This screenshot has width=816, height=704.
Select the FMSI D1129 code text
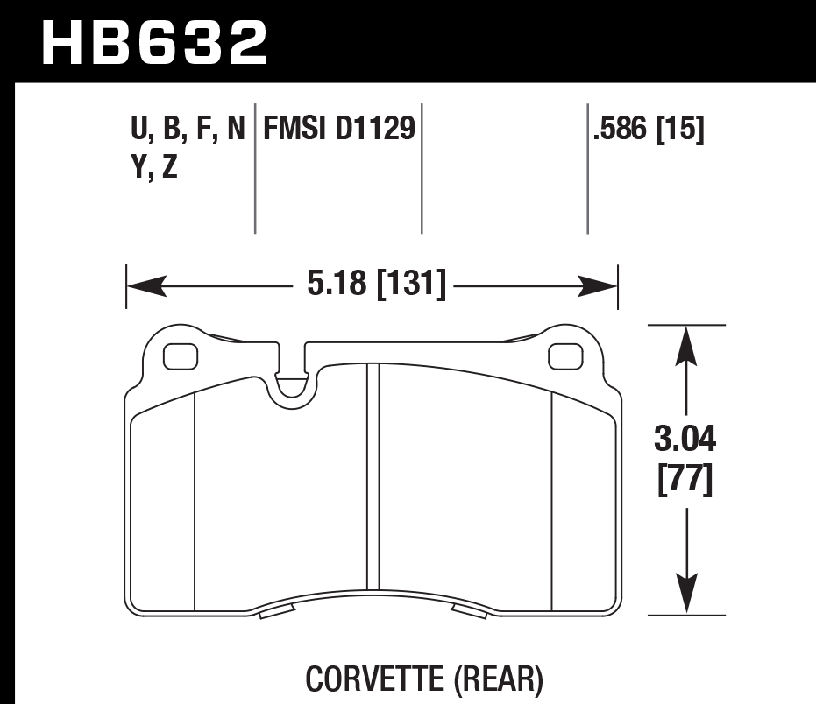pos(337,130)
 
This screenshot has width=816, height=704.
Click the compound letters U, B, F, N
pos(187,130)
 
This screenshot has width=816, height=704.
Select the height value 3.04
pos(685,435)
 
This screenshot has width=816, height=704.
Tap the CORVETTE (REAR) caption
pos(424,678)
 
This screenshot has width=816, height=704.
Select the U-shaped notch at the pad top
pos(292,385)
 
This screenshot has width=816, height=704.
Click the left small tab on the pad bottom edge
pos(275,611)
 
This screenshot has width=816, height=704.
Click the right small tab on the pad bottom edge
pos(470,611)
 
